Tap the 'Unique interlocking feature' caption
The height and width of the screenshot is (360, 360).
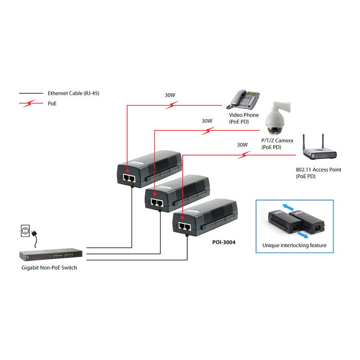295,245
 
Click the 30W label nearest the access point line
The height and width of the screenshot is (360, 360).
242,145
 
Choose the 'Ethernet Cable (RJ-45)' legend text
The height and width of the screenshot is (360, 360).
71,94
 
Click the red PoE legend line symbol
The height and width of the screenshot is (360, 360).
30,103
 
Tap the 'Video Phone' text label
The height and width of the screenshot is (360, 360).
244,115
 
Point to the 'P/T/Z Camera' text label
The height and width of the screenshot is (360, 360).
277,140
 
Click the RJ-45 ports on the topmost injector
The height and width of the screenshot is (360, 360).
130,177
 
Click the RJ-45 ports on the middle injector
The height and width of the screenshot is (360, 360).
157,203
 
